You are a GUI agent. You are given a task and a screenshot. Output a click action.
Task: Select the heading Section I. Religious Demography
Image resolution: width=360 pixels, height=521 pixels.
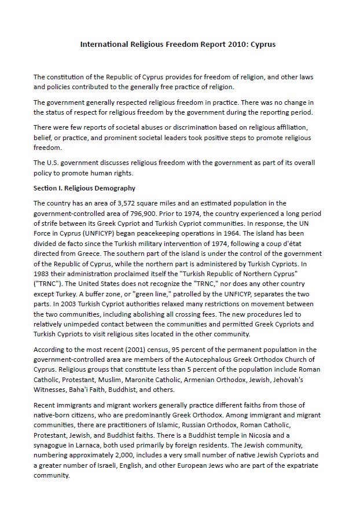pos(85,188)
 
